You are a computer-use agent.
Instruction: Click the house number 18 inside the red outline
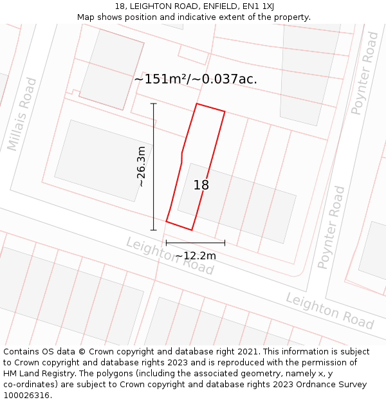(x=201, y=185)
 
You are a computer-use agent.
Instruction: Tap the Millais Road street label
(x=22, y=114)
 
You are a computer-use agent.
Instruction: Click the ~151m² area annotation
(x=161, y=79)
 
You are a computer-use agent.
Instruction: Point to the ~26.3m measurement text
(x=141, y=167)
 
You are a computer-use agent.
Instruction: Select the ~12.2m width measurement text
(x=196, y=256)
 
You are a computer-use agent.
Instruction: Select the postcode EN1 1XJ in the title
(x=261, y=6)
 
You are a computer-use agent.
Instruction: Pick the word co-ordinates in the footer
(x=30, y=385)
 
